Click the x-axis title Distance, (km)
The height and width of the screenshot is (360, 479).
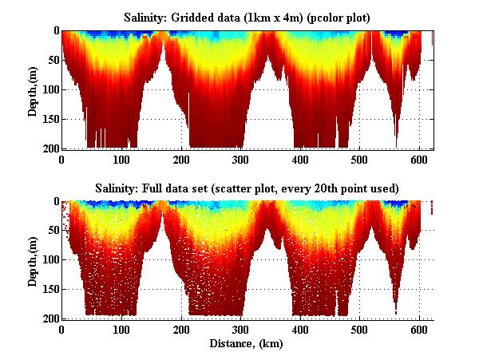click(x=247, y=344)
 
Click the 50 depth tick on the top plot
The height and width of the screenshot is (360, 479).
click(x=51, y=60)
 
